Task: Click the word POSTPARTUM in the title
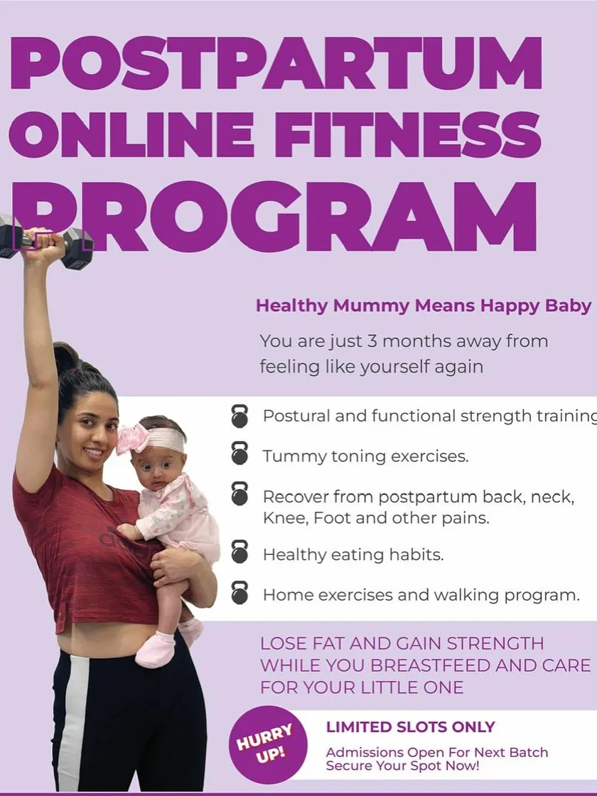tap(276, 63)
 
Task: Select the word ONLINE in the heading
tap(131, 134)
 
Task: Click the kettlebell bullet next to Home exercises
tap(240, 593)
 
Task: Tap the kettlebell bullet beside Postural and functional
tap(240, 416)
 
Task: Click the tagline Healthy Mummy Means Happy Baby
tap(424, 306)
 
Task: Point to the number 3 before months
tap(372, 340)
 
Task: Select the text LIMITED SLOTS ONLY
tap(410, 727)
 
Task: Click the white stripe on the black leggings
tap(72, 721)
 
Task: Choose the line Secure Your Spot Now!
tap(402, 765)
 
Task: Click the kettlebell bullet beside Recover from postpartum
tap(240, 493)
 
